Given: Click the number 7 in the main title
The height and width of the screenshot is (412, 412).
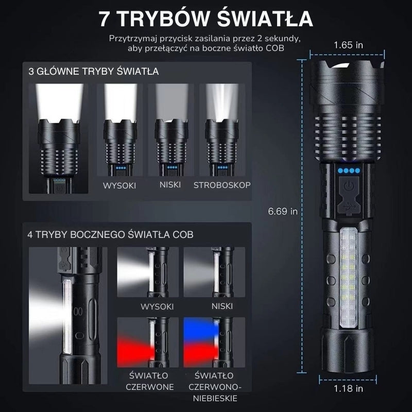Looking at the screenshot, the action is (x=105, y=19).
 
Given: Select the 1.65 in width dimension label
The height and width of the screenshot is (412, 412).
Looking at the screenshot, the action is (x=348, y=45).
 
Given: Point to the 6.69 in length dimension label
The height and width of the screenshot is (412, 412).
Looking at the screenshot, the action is (x=283, y=211).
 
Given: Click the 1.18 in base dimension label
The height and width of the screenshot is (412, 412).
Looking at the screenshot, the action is (x=348, y=389).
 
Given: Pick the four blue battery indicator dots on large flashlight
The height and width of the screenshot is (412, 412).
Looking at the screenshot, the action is (x=349, y=170).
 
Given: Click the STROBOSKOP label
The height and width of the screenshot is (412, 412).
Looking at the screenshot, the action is (x=222, y=185).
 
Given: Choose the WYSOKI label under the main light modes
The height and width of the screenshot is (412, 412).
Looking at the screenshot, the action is (x=119, y=185).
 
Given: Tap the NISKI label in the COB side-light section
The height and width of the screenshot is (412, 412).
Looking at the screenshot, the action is (x=222, y=306).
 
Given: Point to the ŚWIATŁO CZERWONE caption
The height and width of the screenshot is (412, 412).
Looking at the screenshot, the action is (x=149, y=381).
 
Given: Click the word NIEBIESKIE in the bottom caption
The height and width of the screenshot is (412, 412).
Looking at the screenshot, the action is (x=215, y=398).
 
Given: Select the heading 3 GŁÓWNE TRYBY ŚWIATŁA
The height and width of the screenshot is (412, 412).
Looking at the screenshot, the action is (x=94, y=71).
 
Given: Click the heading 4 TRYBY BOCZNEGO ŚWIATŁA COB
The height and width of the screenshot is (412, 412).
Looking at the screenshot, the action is (x=110, y=234).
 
